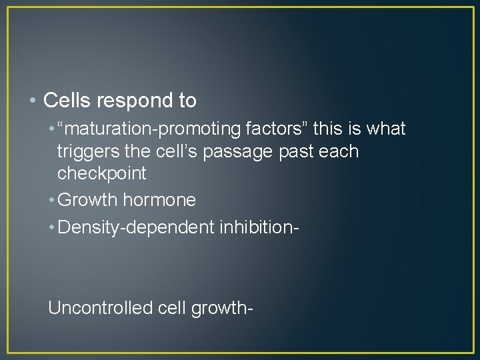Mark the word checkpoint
[x=101, y=173]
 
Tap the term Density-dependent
[x=136, y=227]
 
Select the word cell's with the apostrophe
[x=175, y=151]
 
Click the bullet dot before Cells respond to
[x=34, y=101]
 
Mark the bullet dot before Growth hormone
[x=52, y=200]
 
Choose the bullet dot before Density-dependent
[x=52, y=227]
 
